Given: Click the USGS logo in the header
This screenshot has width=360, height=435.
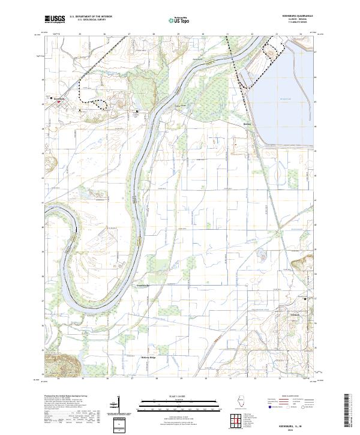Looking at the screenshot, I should (x=55, y=20).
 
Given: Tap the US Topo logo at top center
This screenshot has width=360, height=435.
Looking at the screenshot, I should (x=175, y=20).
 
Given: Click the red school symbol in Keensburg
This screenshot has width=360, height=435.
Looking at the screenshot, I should (x=58, y=101).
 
